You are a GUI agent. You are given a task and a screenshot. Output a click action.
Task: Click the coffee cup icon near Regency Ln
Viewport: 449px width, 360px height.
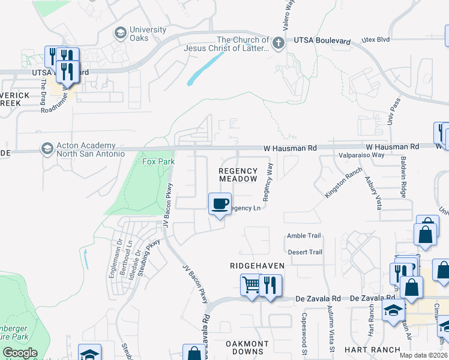tap(220, 203)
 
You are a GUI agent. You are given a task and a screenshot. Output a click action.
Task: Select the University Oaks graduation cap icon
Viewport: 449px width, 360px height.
tap(120, 32)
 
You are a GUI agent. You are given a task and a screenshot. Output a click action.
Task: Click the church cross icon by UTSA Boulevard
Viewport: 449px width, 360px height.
tap(277, 43)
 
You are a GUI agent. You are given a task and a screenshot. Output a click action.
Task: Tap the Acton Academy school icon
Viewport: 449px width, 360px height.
tap(47, 148)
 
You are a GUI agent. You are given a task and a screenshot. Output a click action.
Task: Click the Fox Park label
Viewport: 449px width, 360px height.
tap(154, 162)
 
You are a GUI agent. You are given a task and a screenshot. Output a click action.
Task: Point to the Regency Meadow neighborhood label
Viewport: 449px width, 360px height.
tap(238, 175)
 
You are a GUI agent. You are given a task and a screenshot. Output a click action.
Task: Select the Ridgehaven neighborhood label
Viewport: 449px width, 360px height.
tap(252, 265)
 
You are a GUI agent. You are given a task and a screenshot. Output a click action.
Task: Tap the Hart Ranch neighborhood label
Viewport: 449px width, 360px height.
tap(372, 349)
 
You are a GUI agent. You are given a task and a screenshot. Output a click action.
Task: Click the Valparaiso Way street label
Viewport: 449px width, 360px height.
tap(361, 155)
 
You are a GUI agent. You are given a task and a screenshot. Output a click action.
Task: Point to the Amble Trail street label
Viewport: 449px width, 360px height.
tap(304, 236)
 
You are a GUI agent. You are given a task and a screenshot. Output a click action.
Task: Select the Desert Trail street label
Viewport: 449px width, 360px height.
tap(305, 252)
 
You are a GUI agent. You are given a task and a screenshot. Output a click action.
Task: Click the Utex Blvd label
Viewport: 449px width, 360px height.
tap(376, 40)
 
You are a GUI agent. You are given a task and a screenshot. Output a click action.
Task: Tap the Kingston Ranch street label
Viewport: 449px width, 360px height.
tap(343, 185)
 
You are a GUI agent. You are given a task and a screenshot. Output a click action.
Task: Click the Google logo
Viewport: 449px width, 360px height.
tap(20, 353)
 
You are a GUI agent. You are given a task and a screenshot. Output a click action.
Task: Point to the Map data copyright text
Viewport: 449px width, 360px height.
tap(423, 355)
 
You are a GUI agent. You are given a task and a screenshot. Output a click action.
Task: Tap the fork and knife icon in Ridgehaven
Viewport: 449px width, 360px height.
tap(271, 284)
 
